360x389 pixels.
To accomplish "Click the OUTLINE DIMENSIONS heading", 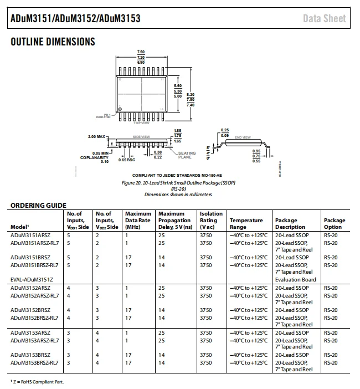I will pyautogui.click(x=53, y=42).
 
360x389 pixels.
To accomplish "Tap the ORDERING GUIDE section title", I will pyautogui.click(x=38, y=206).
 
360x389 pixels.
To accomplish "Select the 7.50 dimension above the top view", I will pyautogui.click(x=141, y=52).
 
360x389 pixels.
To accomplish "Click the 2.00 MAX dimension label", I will pyautogui.click(x=96, y=136).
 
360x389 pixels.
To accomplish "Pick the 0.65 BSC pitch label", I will pyautogui.click(x=127, y=160).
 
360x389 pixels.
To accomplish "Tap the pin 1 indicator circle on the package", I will pyautogui.click(x=120, y=109).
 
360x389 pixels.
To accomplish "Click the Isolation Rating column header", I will pyautogui.click(x=211, y=220).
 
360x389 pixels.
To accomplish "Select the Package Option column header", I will pyautogui.click(x=334, y=223).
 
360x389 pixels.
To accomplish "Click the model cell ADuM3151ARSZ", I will pyautogui.click(x=30, y=235).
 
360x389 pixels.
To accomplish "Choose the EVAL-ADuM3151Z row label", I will pyautogui.click(x=32, y=279).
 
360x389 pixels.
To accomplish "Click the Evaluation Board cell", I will pyautogui.click(x=295, y=279).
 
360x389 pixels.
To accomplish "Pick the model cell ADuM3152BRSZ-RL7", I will pyautogui.click(x=34, y=318).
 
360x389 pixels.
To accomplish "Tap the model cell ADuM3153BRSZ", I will pyautogui.click(x=30, y=355).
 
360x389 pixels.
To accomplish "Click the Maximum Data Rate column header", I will pyautogui.click(x=138, y=220).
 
